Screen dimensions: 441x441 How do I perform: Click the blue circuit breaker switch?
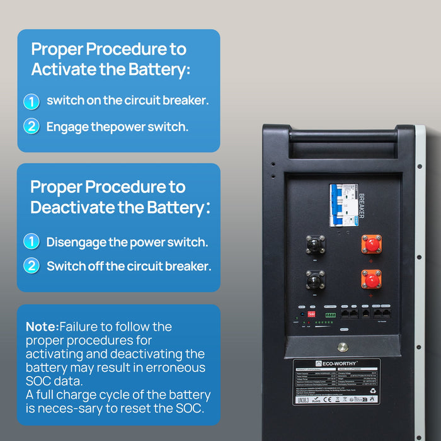coord(343,205)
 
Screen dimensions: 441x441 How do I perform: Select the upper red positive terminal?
coord(371,243)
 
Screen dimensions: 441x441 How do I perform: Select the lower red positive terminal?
coord(371,278)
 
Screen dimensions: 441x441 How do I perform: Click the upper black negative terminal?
coord(315,244)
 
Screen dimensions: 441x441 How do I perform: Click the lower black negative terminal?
coord(315,279)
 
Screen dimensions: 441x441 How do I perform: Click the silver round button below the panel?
coord(343,346)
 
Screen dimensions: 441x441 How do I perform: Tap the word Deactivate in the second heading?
coord(74,207)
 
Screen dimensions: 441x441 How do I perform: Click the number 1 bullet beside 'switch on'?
coord(31,101)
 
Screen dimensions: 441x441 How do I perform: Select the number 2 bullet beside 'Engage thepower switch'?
coord(31,127)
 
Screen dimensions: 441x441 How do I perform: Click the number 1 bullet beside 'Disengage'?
coord(31,242)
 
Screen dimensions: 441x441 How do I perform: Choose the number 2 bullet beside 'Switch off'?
coord(31,266)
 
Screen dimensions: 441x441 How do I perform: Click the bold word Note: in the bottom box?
coord(42,327)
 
